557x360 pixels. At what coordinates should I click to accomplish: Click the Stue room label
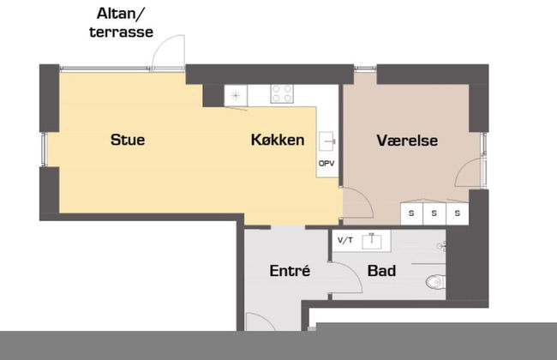pyautogui.click(x=128, y=140)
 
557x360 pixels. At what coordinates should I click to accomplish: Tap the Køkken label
pyautogui.click(x=278, y=140)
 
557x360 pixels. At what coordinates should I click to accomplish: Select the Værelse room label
pyautogui.click(x=407, y=141)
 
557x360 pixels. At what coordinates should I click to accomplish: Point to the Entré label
pyautogui.click(x=290, y=271)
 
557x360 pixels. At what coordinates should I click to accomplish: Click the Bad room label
pyautogui.click(x=381, y=271)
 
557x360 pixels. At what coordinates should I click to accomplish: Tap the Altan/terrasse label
pyautogui.click(x=121, y=23)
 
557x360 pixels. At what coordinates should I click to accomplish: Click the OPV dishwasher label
pyautogui.click(x=326, y=164)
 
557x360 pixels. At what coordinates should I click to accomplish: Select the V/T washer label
pyautogui.click(x=345, y=240)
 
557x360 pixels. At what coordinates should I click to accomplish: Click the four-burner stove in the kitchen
pyautogui.click(x=282, y=93)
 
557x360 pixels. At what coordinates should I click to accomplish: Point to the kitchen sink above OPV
pyautogui.click(x=326, y=141)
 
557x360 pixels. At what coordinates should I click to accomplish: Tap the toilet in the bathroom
pyautogui.click(x=435, y=282)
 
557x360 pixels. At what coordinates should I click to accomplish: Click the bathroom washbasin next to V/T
pyautogui.click(x=372, y=241)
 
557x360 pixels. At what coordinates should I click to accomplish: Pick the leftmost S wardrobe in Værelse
pyautogui.click(x=411, y=213)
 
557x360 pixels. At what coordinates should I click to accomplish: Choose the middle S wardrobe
pyautogui.click(x=434, y=213)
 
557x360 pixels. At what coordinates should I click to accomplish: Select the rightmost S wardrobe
pyautogui.click(x=458, y=213)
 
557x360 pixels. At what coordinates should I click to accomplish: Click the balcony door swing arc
pyautogui.click(x=160, y=45)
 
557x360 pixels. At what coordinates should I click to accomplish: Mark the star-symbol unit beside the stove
pyautogui.click(x=236, y=95)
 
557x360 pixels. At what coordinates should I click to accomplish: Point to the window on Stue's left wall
pyautogui.click(x=44, y=149)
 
